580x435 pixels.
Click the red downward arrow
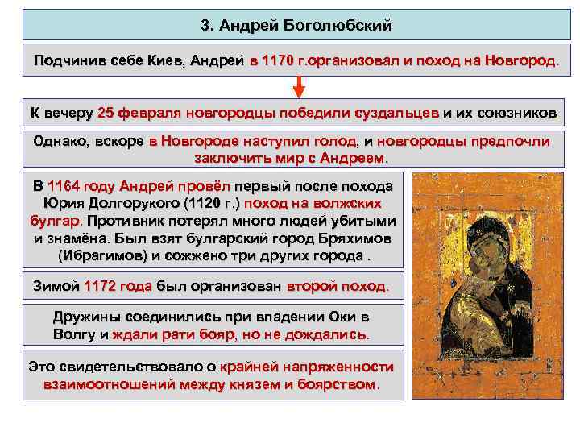pos(298,87)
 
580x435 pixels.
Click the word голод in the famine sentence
pos(338,142)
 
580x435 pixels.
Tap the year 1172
pos(106,286)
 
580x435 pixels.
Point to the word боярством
pos(339,384)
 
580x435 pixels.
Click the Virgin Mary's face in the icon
pos(460,234)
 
